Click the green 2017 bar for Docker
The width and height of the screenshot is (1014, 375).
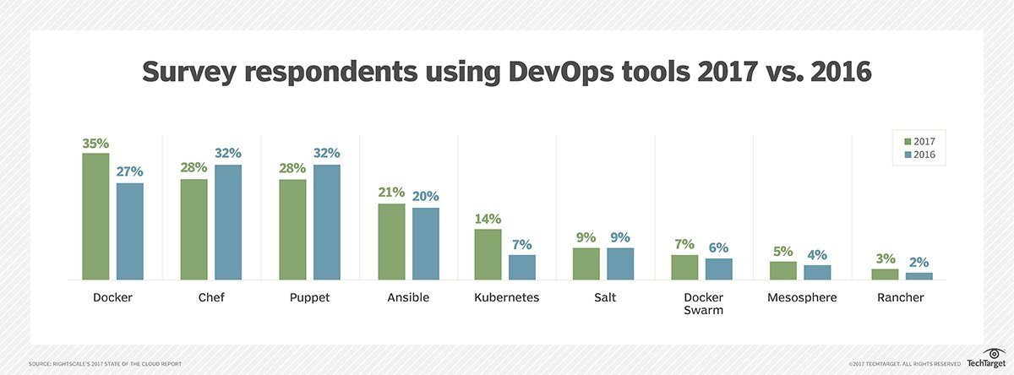[x=95, y=216]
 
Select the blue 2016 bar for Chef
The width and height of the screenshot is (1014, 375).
[x=228, y=222]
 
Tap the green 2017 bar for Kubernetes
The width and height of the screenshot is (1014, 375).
[x=488, y=254]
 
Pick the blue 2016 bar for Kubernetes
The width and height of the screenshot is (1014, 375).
[x=522, y=267]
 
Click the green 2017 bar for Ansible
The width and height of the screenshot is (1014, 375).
[x=391, y=242]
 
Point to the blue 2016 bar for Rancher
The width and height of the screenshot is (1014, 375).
[x=919, y=276]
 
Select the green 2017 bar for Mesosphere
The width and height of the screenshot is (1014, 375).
[x=783, y=270]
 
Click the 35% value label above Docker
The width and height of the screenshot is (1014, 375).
[x=95, y=143]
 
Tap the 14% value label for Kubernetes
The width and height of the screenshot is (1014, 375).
[x=488, y=219]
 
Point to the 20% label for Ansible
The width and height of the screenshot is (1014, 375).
[x=426, y=197]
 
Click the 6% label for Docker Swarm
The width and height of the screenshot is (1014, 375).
[x=719, y=247]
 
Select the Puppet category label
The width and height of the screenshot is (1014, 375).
[x=309, y=297]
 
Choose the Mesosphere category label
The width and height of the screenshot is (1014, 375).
[x=801, y=297]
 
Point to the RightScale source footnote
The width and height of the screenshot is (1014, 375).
[x=105, y=364]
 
